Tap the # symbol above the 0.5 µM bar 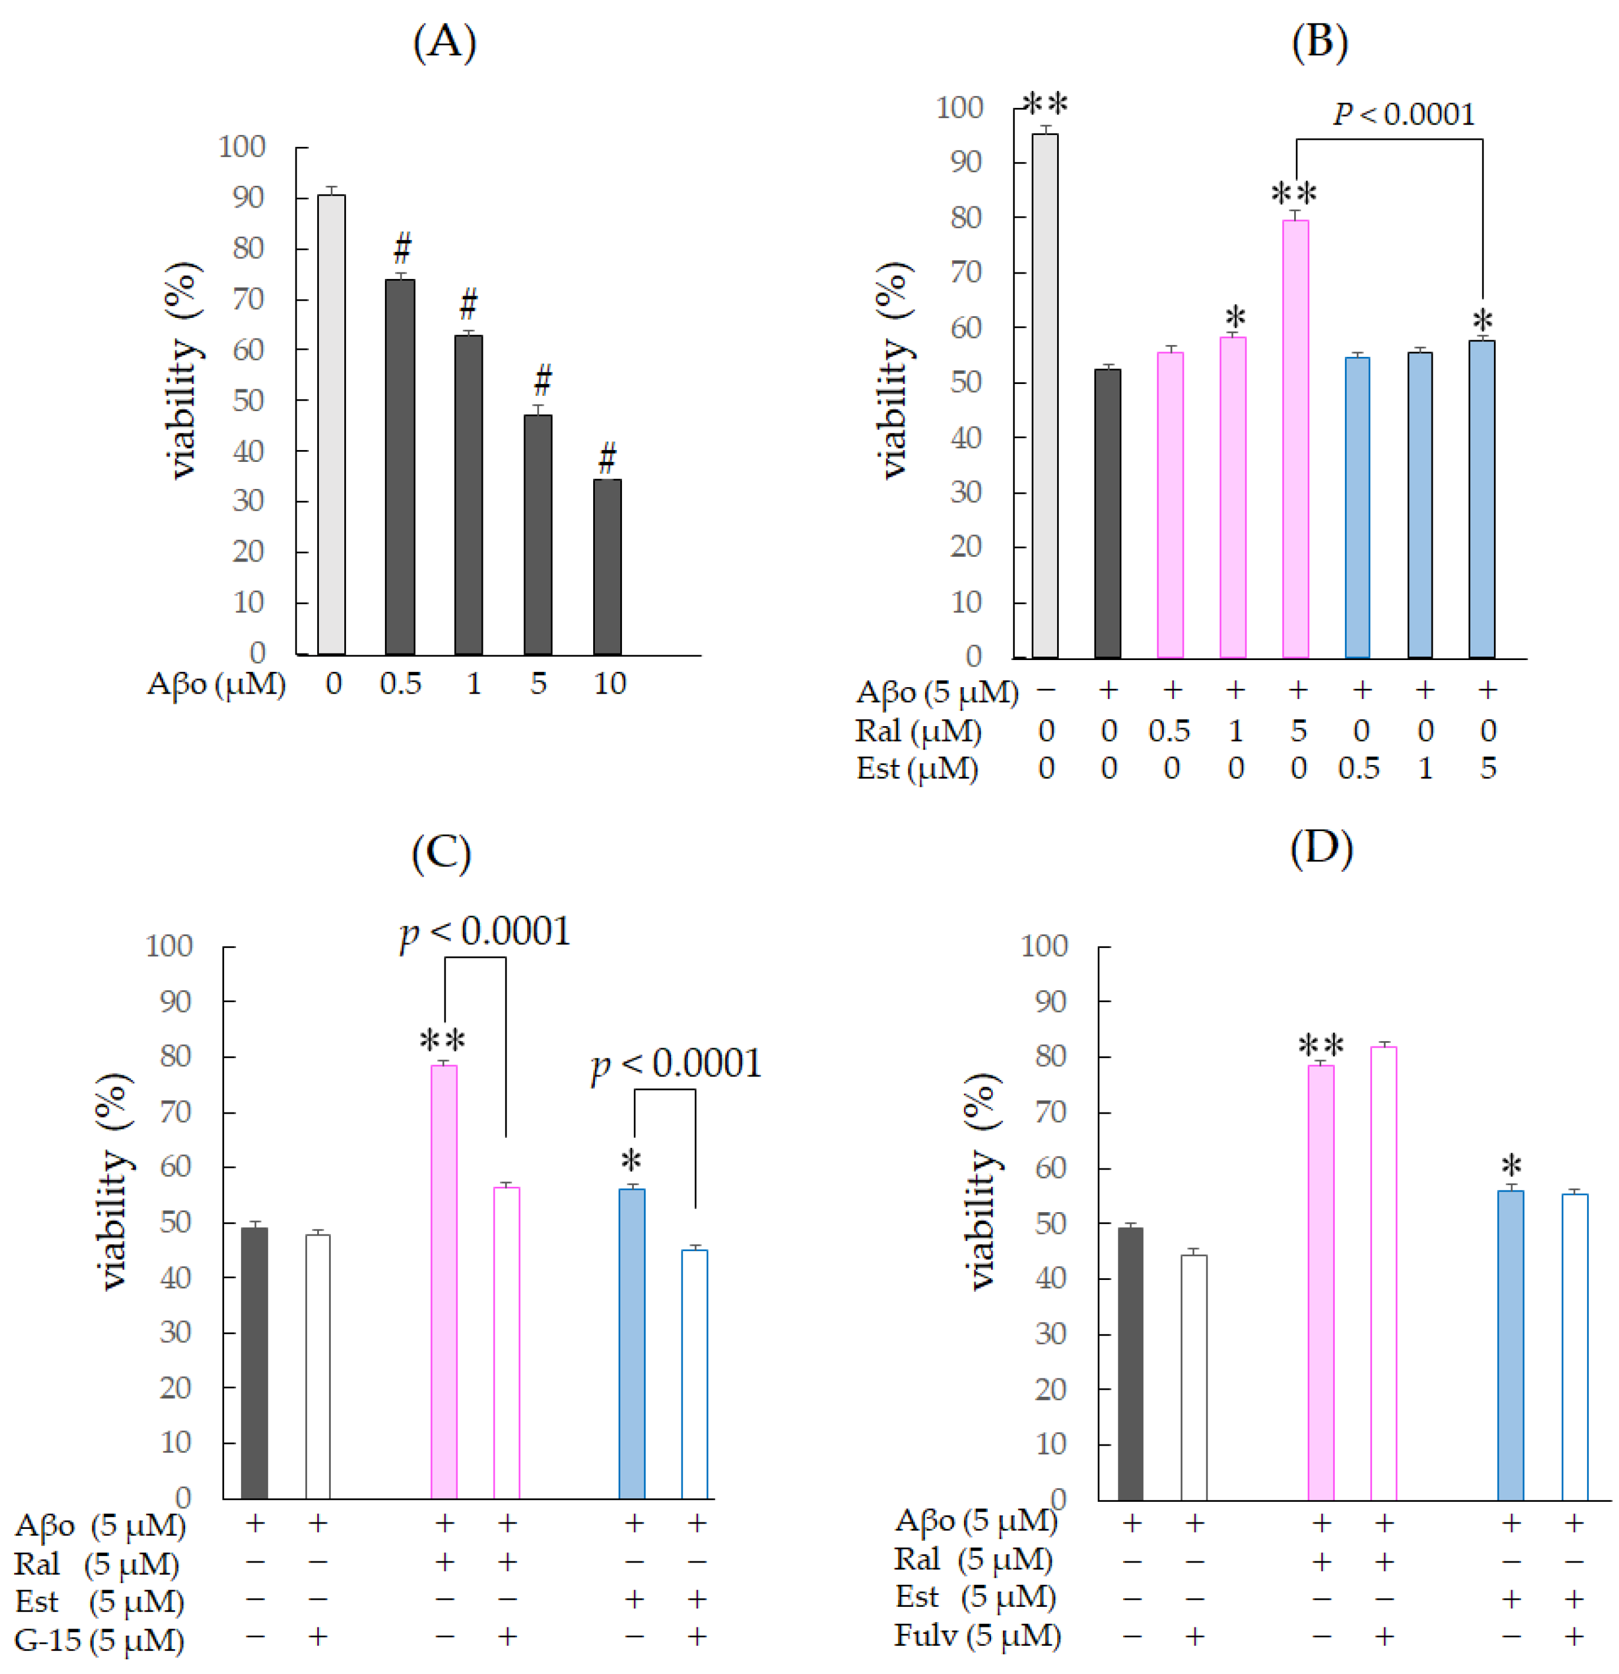point(402,248)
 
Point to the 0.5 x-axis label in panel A point(400,683)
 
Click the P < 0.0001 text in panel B point(1403,114)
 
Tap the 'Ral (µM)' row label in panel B point(918,731)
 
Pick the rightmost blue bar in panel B point(1482,499)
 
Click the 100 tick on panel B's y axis point(960,107)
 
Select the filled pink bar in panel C point(444,1281)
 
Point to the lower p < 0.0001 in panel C point(676,1064)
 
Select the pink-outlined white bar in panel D point(1383,1272)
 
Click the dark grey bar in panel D point(1131,1363)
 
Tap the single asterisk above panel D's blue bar point(1512,1165)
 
